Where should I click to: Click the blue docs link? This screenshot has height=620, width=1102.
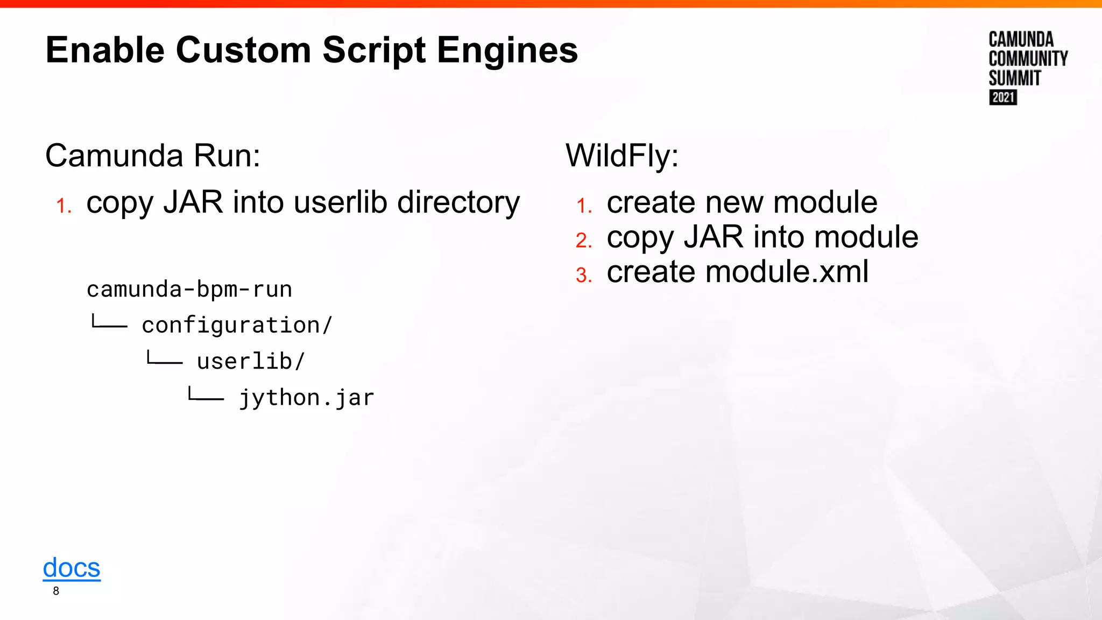(x=72, y=568)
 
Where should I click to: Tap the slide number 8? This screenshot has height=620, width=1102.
(x=56, y=591)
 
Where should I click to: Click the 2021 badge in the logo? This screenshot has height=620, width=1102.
(x=1003, y=97)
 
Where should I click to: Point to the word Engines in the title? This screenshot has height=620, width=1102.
(x=507, y=50)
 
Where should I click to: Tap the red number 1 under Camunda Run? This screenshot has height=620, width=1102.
(x=63, y=206)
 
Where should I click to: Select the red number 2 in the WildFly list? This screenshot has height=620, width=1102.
(x=584, y=240)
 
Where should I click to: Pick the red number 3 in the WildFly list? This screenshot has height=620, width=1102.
(x=584, y=275)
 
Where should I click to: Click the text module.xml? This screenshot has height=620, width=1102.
(x=787, y=271)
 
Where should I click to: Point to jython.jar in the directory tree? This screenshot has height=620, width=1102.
(x=307, y=398)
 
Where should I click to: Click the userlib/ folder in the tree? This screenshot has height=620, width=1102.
(x=251, y=361)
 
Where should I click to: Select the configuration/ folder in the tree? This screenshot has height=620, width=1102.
(x=237, y=325)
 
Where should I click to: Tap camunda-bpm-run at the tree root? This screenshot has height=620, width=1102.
(x=189, y=289)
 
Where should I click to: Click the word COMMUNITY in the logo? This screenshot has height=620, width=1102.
(x=1028, y=59)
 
